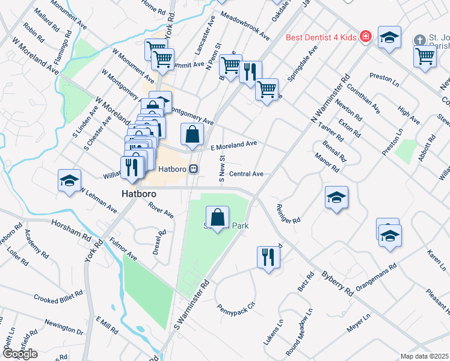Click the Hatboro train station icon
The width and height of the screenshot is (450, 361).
pyautogui.click(x=194, y=169)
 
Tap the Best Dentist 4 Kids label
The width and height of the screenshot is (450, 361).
pyautogui.click(x=322, y=37)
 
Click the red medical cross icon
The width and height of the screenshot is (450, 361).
pyautogui.click(x=365, y=38)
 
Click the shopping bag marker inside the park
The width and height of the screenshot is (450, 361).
pyautogui.click(x=218, y=217)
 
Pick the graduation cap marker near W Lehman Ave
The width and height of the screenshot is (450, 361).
pyautogui.click(x=69, y=180)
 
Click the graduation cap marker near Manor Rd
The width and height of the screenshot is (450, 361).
pyautogui.click(x=336, y=197)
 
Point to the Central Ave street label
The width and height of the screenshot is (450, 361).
pyautogui.click(x=247, y=174)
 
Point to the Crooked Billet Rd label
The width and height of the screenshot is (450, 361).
pyautogui.click(x=54, y=299)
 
